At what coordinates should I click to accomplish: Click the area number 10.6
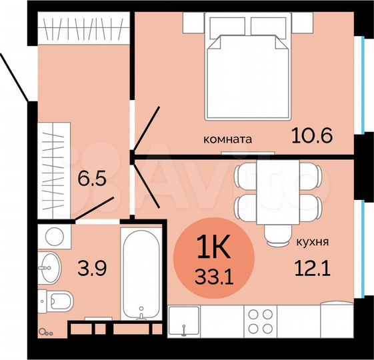pyautogui.click(x=312, y=136)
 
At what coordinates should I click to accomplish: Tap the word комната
pyautogui.click(x=227, y=140)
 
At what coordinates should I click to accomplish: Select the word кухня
pyautogui.click(x=313, y=243)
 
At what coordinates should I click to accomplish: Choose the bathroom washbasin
pyautogui.click(x=49, y=268)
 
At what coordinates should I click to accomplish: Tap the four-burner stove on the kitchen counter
pyautogui.click(x=261, y=321)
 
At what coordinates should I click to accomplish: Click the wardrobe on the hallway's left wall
pyautogui.click(x=52, y=169)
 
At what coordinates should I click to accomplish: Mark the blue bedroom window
pyautogui.click(x=361, y=84)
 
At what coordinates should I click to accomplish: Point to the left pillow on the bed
pyautogui.click(x=229, y=27)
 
